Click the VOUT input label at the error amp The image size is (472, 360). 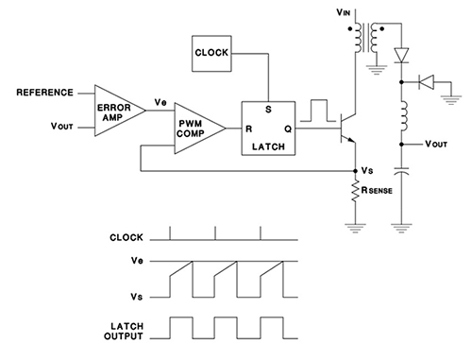pyautogui.click(x=62, y=126)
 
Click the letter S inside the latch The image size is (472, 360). pyautogui.click(x=270, y=108)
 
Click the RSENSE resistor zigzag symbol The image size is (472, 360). pyautogui.click(x=355, y=194)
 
